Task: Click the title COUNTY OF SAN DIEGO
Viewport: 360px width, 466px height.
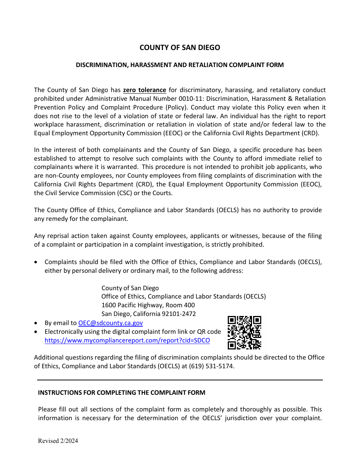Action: [180, 48]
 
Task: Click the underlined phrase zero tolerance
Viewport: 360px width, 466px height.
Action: [144, 90]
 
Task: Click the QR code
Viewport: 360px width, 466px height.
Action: [244, 332]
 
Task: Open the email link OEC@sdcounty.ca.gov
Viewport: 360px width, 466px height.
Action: [110, 323]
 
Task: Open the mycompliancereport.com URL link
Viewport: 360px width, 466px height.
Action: [127, 341]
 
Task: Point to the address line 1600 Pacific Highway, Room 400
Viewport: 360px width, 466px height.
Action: [148, 305]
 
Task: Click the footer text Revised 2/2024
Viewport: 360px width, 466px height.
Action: [58, 441]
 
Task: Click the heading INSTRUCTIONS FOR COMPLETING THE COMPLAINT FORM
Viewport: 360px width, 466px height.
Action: [121, 393]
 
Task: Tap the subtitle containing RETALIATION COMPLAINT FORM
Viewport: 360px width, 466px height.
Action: [180, 65]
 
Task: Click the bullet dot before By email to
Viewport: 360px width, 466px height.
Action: [36, 324]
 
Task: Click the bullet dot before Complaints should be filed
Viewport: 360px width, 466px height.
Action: [36, 262]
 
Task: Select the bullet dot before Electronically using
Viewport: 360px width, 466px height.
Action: [36, 332]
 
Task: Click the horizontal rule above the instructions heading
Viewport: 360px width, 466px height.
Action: [180, 380]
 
